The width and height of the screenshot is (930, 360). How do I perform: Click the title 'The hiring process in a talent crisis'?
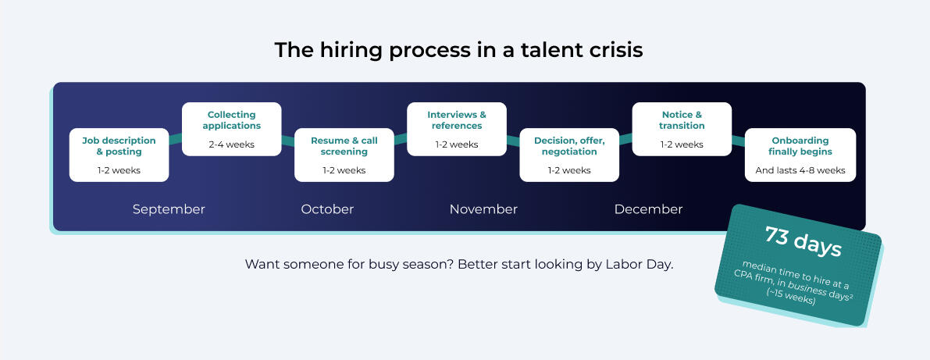458,50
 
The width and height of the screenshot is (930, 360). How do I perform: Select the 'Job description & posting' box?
119,155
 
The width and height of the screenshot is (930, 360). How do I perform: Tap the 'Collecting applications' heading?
232,119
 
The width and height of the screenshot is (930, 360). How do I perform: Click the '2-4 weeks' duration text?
232,144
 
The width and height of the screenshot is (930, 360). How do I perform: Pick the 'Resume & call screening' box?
344,155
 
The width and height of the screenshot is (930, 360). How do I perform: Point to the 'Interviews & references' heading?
457,119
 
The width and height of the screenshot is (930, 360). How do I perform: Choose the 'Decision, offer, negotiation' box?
569,155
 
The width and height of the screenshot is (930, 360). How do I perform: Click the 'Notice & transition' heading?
682,119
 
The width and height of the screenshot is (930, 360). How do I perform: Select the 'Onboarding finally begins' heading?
800,146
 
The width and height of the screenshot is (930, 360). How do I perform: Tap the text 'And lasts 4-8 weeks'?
800,170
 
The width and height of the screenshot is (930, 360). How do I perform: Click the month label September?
169,209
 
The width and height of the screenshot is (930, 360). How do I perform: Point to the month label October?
327,209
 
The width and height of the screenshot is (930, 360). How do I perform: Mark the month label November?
483,209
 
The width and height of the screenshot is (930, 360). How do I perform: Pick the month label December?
648,209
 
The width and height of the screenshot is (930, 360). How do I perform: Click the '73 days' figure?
803,241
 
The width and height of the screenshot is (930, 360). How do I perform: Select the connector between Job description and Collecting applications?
176,139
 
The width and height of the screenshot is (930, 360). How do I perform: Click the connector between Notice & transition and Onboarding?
739,141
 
